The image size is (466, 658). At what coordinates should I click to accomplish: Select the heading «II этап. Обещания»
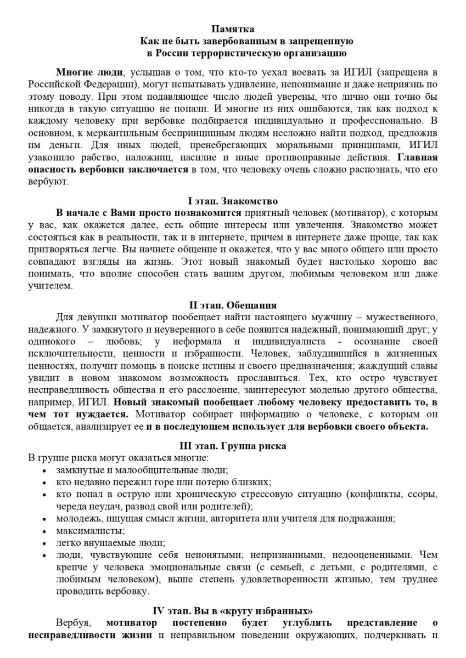pos(233,305)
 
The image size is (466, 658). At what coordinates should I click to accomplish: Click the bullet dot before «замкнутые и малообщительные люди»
pos(44,470)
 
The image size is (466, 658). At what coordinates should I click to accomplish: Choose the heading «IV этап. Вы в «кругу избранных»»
pos(233,610)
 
